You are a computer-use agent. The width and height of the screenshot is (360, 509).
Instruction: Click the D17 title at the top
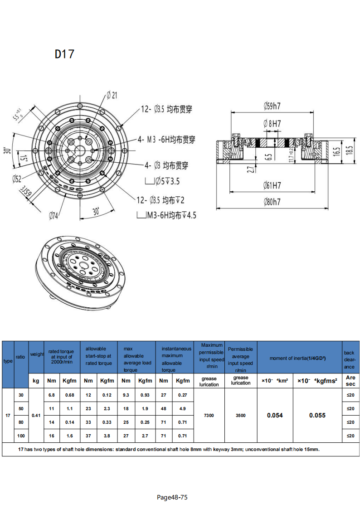(64, 54)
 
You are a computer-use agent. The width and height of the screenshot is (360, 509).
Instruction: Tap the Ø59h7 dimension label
(272, 106)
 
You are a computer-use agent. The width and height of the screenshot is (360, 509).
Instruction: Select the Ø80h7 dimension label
(272, 203)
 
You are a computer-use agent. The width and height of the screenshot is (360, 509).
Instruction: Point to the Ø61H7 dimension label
(272, 185)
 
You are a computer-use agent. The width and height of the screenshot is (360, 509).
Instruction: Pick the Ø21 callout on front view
(112, 95)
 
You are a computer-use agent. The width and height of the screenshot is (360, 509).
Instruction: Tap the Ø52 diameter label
(17, 178)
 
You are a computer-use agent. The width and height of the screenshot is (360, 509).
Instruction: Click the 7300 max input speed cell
(209, 415)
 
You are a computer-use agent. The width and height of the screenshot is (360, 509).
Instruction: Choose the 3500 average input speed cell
(241, 415)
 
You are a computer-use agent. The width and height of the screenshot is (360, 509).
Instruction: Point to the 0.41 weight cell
(36, 415)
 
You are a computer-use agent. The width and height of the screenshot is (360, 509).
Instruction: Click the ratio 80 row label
(21, 422)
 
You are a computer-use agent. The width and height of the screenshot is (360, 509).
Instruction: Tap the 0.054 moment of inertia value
(275, 415)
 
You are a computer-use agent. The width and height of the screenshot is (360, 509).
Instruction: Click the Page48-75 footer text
(172, 497)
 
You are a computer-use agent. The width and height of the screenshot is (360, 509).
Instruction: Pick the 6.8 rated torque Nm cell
(52, 395)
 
